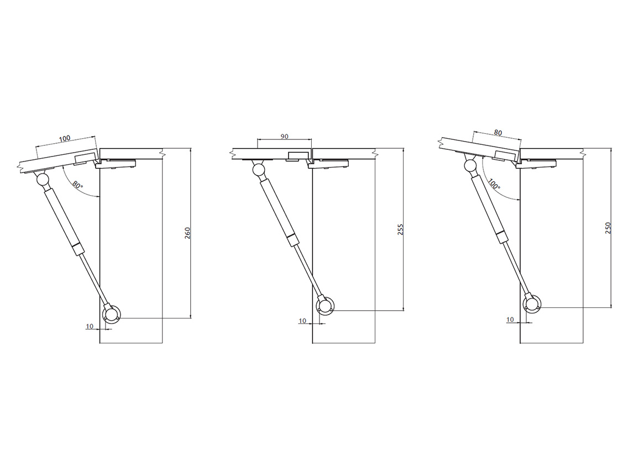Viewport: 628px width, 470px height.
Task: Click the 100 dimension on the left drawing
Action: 65,138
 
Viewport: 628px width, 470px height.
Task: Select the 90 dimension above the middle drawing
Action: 284,137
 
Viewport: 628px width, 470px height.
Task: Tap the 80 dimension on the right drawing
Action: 498,133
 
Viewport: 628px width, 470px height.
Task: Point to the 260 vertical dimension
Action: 187,233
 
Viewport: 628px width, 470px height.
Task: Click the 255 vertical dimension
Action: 400,229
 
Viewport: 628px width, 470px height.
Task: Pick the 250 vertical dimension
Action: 608,228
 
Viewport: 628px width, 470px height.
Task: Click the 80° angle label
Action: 78,185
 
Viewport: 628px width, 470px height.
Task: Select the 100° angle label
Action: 494,184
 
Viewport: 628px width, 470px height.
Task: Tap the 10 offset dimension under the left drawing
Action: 90,326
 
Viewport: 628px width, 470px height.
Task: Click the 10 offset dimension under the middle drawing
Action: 302,321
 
